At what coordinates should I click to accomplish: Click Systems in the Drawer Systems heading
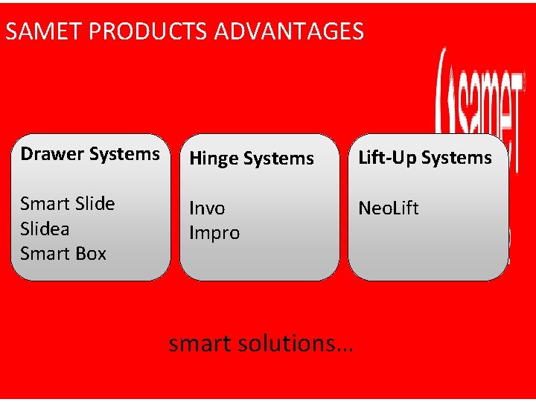(x=124, y=154)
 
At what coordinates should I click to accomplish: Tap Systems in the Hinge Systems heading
(x=278, y=159)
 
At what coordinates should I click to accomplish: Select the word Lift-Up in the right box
(x=387, y=158)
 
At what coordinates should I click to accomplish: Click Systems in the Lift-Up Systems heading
(x=456, y=158)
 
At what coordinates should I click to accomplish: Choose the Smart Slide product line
(x=68, y=203)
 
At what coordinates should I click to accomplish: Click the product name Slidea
(x=45, y=229)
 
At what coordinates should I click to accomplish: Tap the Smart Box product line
(x=63, y=253)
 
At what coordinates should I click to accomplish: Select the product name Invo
(x=207, y=208)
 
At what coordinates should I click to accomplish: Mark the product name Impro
(x=214, y=233)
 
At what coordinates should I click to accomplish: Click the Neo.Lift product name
(x=389, y=208)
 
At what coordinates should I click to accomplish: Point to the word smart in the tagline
(x=199, y=343)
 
